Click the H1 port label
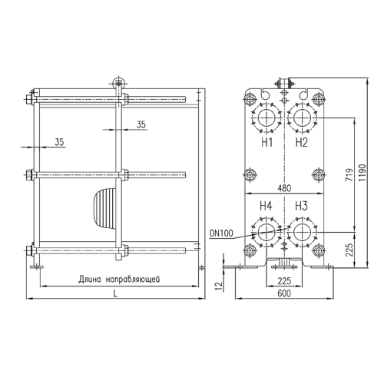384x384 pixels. (x=266, y=142)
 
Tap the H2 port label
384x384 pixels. (x=301, y=142)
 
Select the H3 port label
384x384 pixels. (x=301, y=206)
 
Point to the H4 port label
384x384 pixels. (x=266, y=206)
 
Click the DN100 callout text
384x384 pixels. (x=221, y=233)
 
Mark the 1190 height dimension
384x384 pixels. (x=362, y=173)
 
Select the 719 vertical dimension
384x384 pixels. (x=349, y=175)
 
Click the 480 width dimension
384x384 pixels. (x=284, y=188)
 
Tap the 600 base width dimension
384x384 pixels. (x=284, y=293)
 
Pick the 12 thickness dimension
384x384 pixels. (x=219, y=286)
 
